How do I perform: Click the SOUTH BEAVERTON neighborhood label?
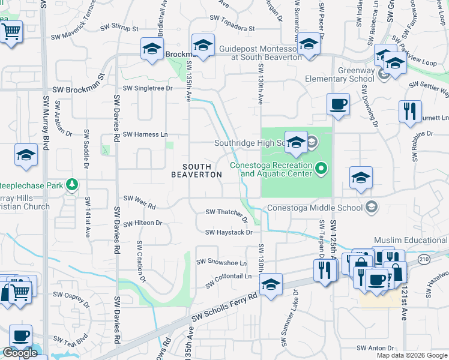point(196,170)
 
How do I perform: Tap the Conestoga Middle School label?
point(315,208)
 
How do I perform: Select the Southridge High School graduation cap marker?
point(296,142)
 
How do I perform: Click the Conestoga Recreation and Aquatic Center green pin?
point(322,169)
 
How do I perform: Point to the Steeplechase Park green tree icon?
point(73,184)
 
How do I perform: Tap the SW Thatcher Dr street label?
point(226,213)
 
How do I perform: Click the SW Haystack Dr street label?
point(228,232)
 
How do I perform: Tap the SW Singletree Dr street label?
point(148,88)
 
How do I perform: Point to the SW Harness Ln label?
point(145,134)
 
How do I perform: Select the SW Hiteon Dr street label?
point(142,223)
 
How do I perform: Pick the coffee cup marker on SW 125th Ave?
point(338,104)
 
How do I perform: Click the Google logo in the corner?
point(20,352)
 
